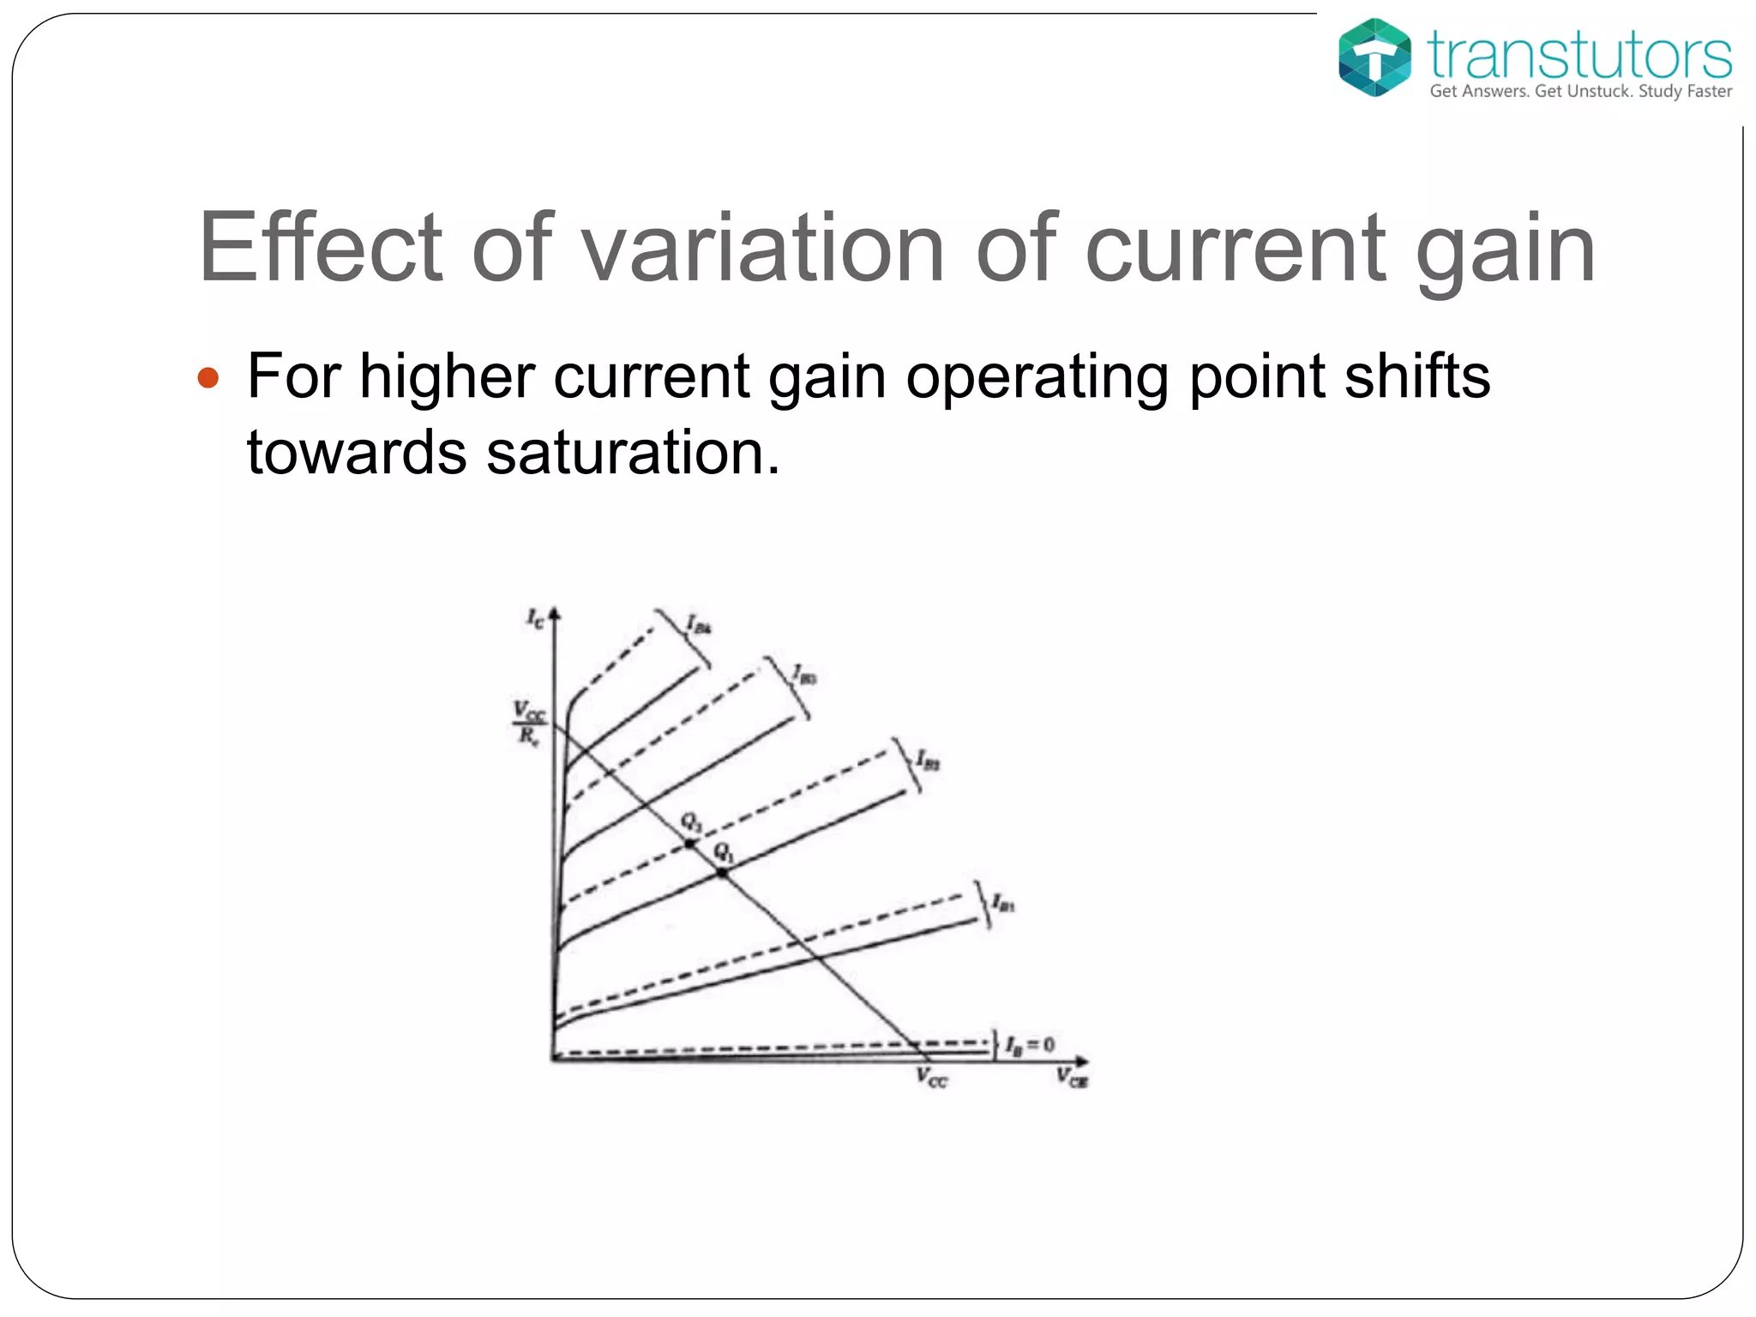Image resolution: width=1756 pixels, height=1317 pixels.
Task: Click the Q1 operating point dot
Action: (723, 873)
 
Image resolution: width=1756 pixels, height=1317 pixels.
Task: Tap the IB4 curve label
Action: (700, 625)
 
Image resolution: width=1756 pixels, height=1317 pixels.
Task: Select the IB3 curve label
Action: (804, 675)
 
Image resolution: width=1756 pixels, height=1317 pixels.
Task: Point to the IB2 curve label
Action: (928, 760)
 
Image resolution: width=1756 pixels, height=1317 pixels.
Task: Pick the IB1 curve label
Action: (1003, 903)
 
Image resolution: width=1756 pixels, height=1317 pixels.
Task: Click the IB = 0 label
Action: (1029, 1045)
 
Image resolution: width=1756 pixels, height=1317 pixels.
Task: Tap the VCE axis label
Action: (1072, 1078)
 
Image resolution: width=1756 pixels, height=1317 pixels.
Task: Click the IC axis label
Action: (535, 618)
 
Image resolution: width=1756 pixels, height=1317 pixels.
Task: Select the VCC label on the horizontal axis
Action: (932, 1079)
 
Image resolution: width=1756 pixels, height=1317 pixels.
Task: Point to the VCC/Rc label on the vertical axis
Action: (529, 723)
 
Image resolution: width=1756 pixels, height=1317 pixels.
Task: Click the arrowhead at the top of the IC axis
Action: (555, 612)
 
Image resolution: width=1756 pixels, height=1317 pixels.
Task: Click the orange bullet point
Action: (208, 377)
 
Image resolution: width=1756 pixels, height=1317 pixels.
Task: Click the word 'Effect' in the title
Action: (321, 248)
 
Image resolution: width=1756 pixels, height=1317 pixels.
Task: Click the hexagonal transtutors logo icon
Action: (1374, 57)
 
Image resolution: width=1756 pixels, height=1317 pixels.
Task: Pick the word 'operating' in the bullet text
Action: (1037, 377)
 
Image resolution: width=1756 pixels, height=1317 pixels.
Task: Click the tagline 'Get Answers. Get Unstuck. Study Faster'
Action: (1580, 91)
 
